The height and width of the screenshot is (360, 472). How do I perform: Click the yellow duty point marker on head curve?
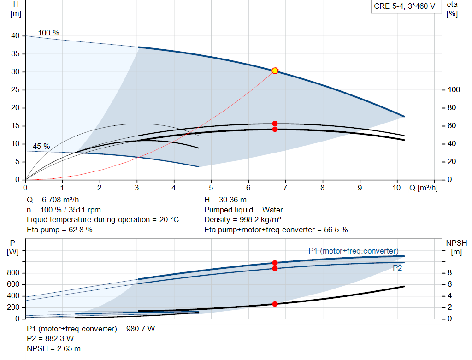275,71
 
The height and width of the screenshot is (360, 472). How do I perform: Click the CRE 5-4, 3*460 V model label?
404,7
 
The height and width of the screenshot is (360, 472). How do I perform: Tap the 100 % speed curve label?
48,33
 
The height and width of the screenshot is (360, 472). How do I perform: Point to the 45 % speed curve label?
41,146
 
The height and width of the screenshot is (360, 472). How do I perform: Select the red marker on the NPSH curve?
275,304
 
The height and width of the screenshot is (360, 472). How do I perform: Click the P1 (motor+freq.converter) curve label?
353,251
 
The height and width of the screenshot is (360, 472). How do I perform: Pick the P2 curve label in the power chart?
397,268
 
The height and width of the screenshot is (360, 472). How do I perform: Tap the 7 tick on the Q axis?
285,188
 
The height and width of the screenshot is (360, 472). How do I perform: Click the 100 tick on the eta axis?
454,90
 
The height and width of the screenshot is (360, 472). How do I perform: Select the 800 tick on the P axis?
13,273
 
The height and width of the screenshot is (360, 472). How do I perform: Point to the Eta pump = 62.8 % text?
59,230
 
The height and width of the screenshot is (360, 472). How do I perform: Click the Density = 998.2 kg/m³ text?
242,219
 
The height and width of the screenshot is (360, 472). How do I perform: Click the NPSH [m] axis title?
456,247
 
